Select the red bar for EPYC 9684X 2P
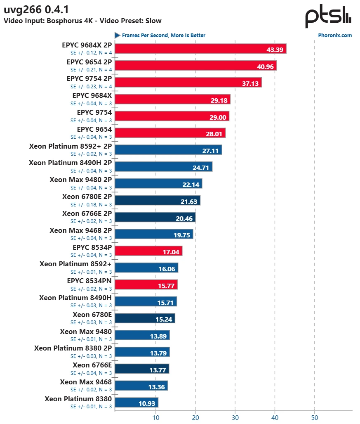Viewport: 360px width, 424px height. [x=200, y=49]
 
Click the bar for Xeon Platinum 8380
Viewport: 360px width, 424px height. [x=136, y=403]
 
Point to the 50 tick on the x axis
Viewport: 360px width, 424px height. [x=315, y=417]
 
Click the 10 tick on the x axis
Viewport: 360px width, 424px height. [x=155, y=417]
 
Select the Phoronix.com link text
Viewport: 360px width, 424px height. [x=335, y=36]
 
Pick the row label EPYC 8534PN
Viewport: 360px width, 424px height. [x=89, y=281]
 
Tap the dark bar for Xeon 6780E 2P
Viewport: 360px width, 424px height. [x=158, y=201]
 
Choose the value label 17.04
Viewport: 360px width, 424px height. [x=170, y=251]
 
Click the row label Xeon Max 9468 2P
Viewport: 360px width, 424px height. [x=80, y=230]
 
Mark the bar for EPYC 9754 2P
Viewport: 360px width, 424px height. [x=188, y=83]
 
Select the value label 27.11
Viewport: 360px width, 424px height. [x=210, y=150]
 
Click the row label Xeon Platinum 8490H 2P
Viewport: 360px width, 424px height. [x=70, y=163]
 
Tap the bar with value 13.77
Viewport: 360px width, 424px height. [x=142, y=369]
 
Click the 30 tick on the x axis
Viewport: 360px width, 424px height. [x=235, y=417]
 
